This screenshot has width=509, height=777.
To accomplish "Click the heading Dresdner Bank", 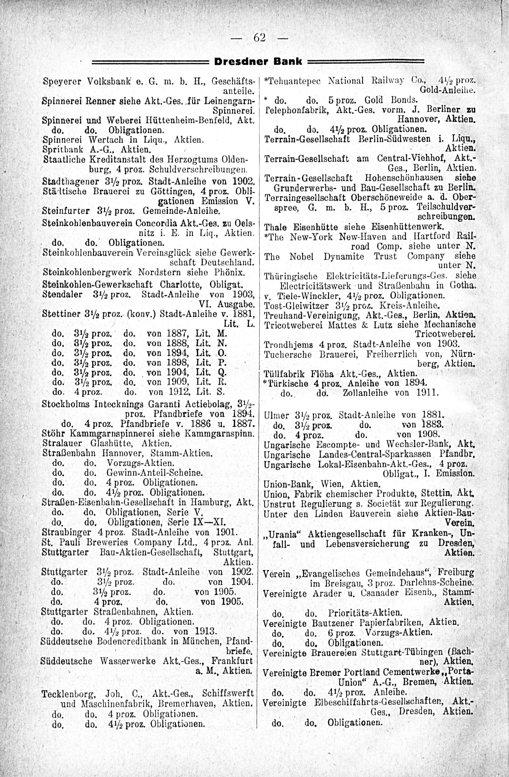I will tap(258, 61).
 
